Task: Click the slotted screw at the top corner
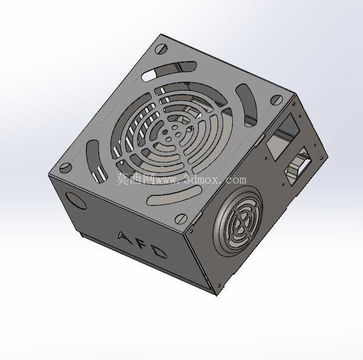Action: click(x=161, y=49)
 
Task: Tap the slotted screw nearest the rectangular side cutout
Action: click(x=276, y=100)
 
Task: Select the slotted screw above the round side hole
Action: click(x=66, y=168)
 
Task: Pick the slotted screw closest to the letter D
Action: click(x=181, y=219)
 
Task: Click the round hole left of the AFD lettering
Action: click(x=76, y=201)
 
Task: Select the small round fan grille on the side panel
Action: click(x=238, y=221)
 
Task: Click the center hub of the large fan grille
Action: click(x=172, y=133)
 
